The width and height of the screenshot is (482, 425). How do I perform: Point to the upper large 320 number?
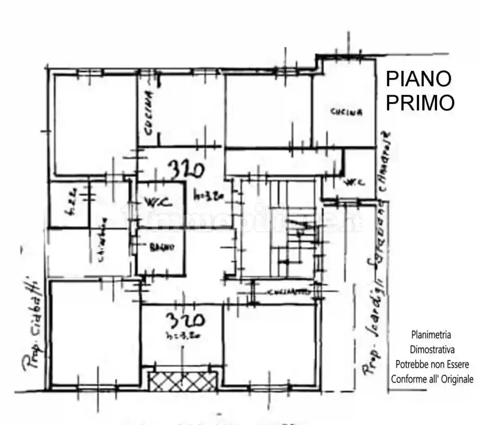pyautogui.click(x=186, y=170)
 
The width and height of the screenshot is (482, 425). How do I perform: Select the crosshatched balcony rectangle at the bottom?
pyautogui.click(x=182, y=380)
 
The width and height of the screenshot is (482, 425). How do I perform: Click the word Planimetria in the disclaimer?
pyautogui.click(x=431, y=335)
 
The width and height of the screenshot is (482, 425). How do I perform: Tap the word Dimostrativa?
pyautogui.click(x=432, y=349)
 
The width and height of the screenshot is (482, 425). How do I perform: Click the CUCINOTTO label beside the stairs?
pyautogui.click(x=289, y=292)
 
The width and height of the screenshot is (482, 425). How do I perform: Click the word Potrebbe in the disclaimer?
pyautogui.click(x=411, y=364)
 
